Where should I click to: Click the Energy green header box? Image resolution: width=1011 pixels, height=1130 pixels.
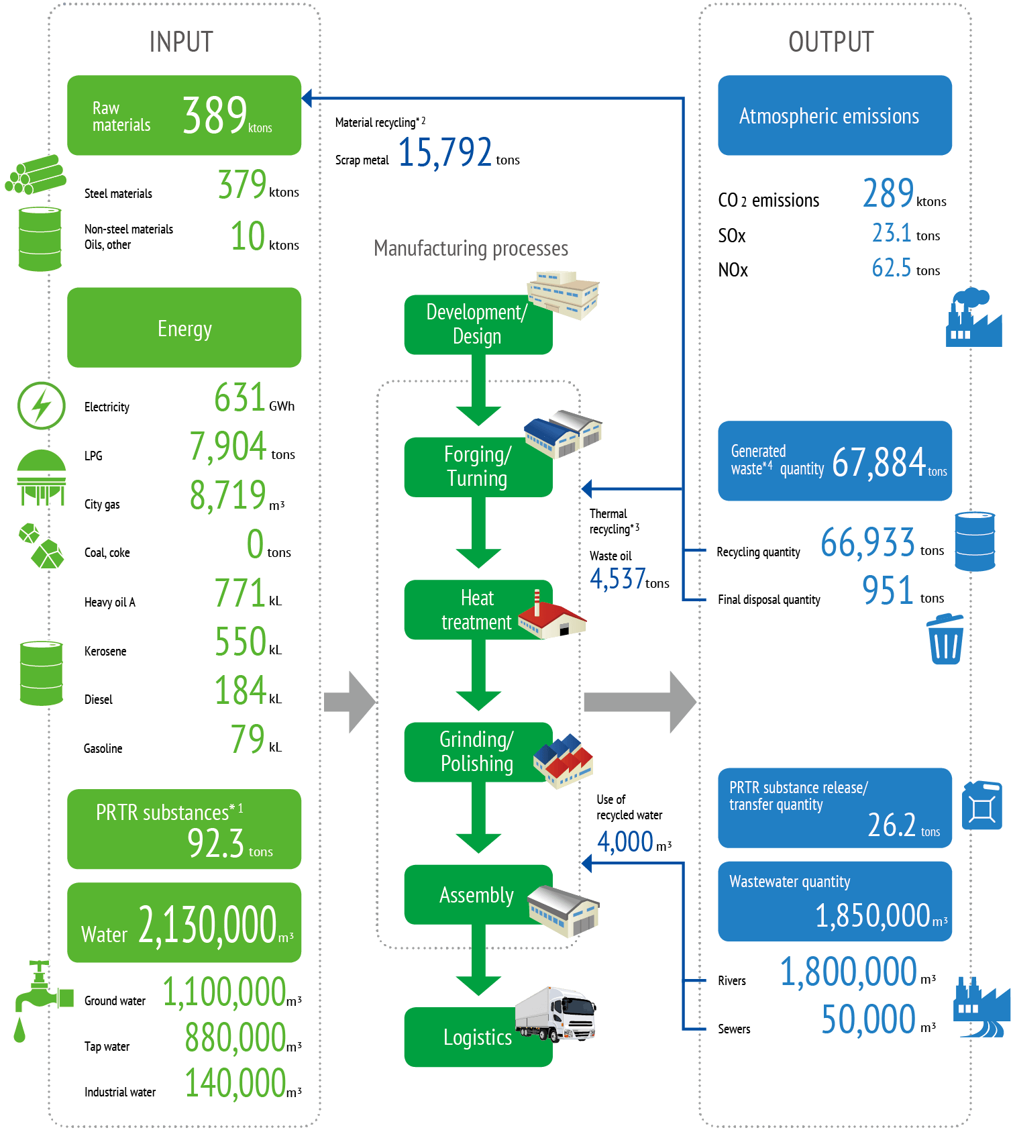click(x=184, y=328)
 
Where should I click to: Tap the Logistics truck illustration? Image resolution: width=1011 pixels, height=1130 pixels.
click(x=556, y=1013)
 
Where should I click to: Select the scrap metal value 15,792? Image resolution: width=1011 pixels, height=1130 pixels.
click(x=445, y=152)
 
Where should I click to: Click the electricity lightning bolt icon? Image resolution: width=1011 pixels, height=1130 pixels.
click(x=41, y=405)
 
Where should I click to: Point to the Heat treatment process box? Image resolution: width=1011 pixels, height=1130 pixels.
click(x=477, y=610)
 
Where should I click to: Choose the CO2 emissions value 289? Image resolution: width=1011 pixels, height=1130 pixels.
click(x=888, y=194)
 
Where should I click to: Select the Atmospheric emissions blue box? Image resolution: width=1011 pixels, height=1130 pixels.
click(x=835, y=116)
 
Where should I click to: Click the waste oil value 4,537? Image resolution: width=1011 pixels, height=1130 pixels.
click(x=617, y=578)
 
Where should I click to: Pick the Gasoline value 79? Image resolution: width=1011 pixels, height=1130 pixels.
click(x=248, y=739)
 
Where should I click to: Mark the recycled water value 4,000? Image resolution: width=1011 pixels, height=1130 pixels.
click(x=625, y=841)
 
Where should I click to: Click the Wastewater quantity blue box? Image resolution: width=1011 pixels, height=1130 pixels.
click(x=835, y=901)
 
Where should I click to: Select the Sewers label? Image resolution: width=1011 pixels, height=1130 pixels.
click(x=734, y=1029)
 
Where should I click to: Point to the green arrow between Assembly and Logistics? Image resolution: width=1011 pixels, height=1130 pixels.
click(x=478, y=961)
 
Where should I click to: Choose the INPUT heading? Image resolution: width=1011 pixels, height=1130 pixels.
click(x=181, y=42)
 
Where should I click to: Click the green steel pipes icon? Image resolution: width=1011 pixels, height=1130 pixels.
click(x=36, y=174)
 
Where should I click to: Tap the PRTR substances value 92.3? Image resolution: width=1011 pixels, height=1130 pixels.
click(x=215, y=843)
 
